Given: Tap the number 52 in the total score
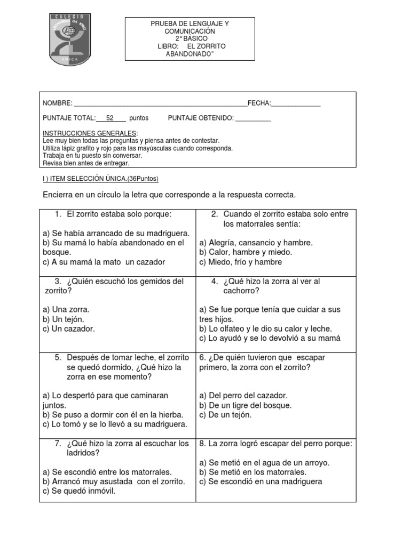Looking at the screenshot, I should pos(110,118).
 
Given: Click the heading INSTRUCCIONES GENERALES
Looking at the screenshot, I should pos(90,133).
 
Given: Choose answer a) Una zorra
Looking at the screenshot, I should pos(66,309).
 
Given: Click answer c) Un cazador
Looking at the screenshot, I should pos(68,328).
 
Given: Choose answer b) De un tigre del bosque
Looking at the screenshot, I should pos(245,405).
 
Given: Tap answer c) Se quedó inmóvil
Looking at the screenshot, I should pos(79,491).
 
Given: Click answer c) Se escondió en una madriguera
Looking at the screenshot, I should pos(261,481).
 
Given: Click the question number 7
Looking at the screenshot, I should pos(58,444).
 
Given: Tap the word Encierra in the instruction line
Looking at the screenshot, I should pos(60,195).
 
